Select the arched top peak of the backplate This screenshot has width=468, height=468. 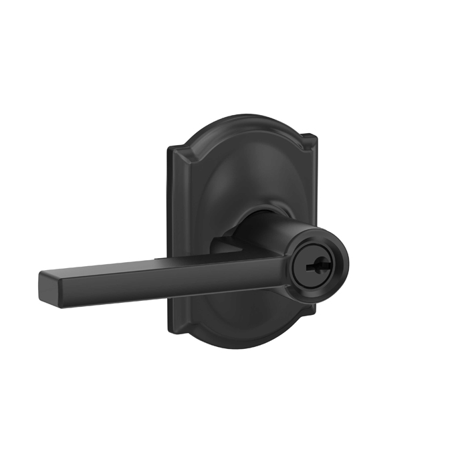[242, 118]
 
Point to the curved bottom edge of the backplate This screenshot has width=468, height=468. [242, 345]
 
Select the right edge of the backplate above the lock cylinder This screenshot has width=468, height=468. [312, 187]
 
